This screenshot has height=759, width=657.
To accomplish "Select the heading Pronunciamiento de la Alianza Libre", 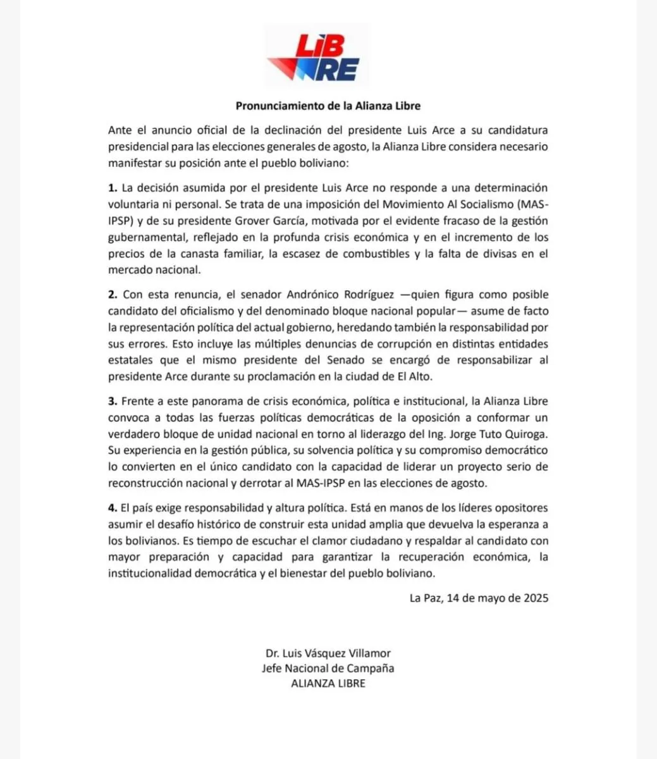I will point(328,106).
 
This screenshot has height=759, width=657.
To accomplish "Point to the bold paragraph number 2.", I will point(112,295).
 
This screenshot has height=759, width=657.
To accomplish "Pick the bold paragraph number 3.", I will point(112,401).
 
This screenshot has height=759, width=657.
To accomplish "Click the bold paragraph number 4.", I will point(112,508).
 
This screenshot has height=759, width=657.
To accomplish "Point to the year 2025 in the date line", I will point(536,598).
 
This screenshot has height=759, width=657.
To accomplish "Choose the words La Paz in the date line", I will point(424,598).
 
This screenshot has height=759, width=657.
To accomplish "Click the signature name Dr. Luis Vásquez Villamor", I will point(328,653).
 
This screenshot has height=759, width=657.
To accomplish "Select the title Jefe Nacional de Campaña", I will point(328,668).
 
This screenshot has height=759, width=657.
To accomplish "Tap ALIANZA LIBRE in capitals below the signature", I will point(328,683).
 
